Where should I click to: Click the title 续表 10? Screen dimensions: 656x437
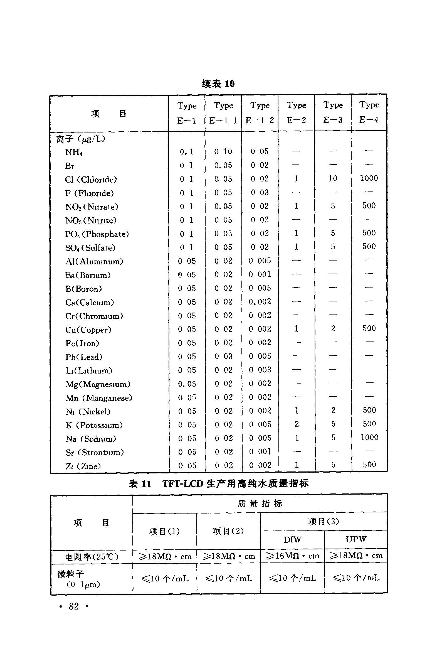[x=218, y=84]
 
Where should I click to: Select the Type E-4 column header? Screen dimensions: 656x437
[x=369, y=112]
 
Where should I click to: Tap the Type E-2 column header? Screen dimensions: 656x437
[x=297, y=113]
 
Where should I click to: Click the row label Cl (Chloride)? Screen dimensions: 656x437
[x=91, y=180]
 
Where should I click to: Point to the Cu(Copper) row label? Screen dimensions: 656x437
[x=88, y=330]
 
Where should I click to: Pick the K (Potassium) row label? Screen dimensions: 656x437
[x=94, y=425]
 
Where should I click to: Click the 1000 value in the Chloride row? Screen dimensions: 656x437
[x=369, y=178]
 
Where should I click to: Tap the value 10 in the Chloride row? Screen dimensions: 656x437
[x=333, y=178]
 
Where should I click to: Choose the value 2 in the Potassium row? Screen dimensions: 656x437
[x=297, y=424]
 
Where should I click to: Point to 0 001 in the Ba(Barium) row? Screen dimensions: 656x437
[x=260, y=274]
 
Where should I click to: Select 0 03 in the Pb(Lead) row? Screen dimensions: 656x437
[x=224, y=356]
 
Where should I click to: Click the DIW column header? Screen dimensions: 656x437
[x=292, y=540]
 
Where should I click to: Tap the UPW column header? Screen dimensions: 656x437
[x=356, y=539]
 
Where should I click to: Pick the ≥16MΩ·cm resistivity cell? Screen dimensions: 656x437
[x=293, y=556]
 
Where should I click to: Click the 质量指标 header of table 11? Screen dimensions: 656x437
[x=260, y=503]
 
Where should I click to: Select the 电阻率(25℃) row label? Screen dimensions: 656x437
[x=92, y=557]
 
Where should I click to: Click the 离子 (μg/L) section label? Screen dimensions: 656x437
[x=81, y=139]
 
